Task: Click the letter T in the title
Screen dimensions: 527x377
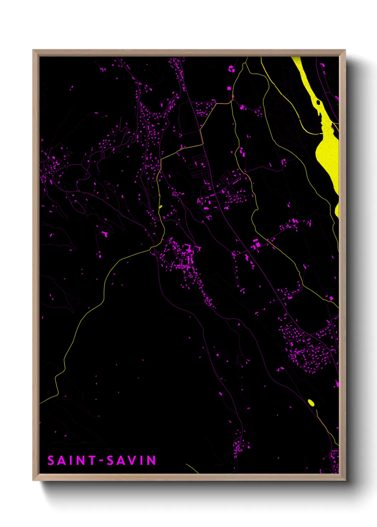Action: point(92,460)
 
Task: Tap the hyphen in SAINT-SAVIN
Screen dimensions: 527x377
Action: point(102,461)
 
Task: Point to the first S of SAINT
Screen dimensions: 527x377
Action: point(51,460)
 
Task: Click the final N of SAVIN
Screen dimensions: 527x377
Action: point(151,460)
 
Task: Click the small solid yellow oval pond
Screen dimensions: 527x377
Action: point(311,402)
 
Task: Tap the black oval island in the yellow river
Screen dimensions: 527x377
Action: point(318,103)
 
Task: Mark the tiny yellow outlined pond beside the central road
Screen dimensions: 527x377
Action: point(160,206)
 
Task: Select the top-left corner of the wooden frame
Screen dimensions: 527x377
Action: point(33,50)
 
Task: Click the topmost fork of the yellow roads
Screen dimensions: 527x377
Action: point(246,63)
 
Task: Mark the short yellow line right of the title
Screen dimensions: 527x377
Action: point(192,469)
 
